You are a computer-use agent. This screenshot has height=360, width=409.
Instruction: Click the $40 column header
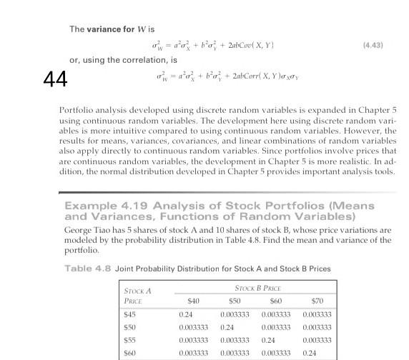191,301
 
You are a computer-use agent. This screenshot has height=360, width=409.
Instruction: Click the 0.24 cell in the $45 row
187,315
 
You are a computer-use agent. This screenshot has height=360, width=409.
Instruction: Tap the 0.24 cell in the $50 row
227,328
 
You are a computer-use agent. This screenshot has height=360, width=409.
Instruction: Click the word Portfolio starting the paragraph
74,113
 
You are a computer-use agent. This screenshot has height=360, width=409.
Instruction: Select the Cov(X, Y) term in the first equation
254,46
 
